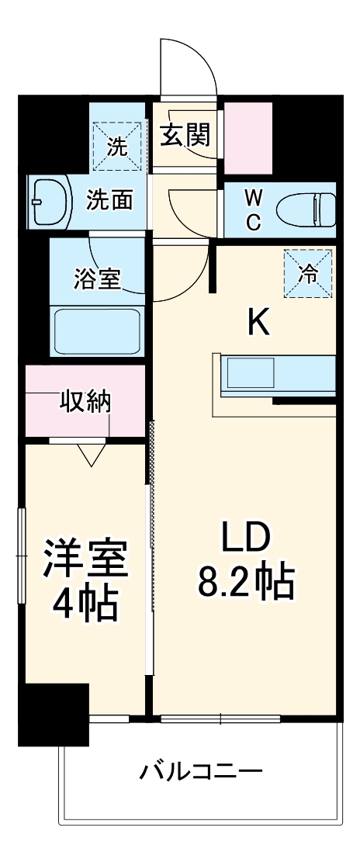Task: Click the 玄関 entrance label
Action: coord(185,136)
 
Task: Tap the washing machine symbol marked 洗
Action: coord(117,146)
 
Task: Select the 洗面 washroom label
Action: coord(109,200)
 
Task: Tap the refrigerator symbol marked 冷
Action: coord(307,272)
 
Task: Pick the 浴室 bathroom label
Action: coord(97,279)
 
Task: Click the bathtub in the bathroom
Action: coord(96,330)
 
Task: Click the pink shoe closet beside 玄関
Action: coord(248,137)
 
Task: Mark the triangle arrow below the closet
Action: coord(92,455)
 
